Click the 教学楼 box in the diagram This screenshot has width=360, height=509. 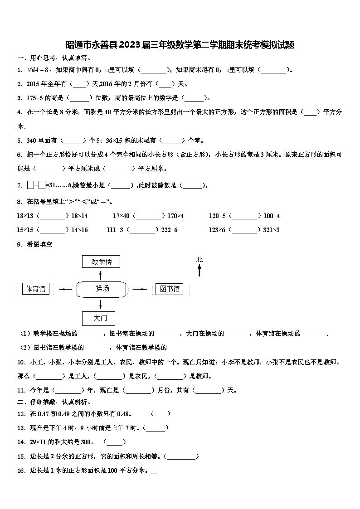pyautogui.click(x=102, y=262)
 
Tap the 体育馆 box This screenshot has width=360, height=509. pyautogui.click(x=36, y=289)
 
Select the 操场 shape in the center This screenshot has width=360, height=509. pyautogui.click(x=102, y=289)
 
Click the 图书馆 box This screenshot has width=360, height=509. pyautogui.click(x=167, y=289)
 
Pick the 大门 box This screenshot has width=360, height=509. pyautogui.click(x=99, y=318)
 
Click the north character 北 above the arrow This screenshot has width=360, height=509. pyautogui.click(x=199, y=260)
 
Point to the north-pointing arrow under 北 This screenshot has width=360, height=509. pyautogui.click(x=199, y=270)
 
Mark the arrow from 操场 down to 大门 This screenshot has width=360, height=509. pyautogui.click(x=99, y=304)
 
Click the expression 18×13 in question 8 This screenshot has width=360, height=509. pyautogui.click(x=26, y=216)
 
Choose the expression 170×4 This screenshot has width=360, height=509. pyautogui.click(x=175, y=216)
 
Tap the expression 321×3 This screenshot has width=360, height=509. pyautogui.click(x=271, y=230)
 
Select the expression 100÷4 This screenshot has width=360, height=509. pyautogui.click(x=272, y=216)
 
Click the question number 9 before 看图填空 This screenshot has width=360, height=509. pyautogui.click(x=19, y=244)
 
